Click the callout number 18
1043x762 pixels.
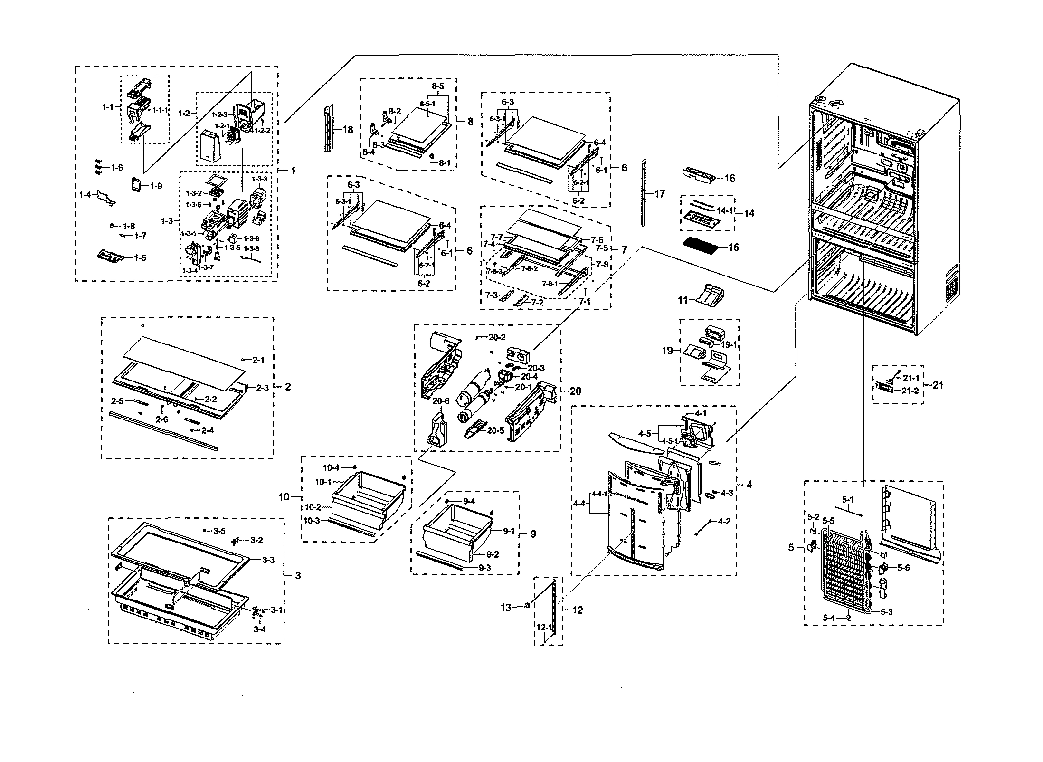[348, 129]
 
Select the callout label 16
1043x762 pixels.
[730, 178]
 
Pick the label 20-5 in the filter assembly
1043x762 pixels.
[495, 430]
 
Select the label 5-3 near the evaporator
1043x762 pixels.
[886, 612]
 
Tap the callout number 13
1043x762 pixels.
[506, 607]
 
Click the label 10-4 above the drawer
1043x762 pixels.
[331, 468]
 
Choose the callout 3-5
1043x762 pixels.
[219, 531]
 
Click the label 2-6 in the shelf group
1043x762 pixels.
[162, 419]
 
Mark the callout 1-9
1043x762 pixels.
[156, 186]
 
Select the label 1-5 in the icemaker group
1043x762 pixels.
[140, 258]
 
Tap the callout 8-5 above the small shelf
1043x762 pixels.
[437, 86]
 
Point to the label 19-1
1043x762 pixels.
[729, 345]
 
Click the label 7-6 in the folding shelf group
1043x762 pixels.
[597, 240]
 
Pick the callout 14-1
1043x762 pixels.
[725, 210]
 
